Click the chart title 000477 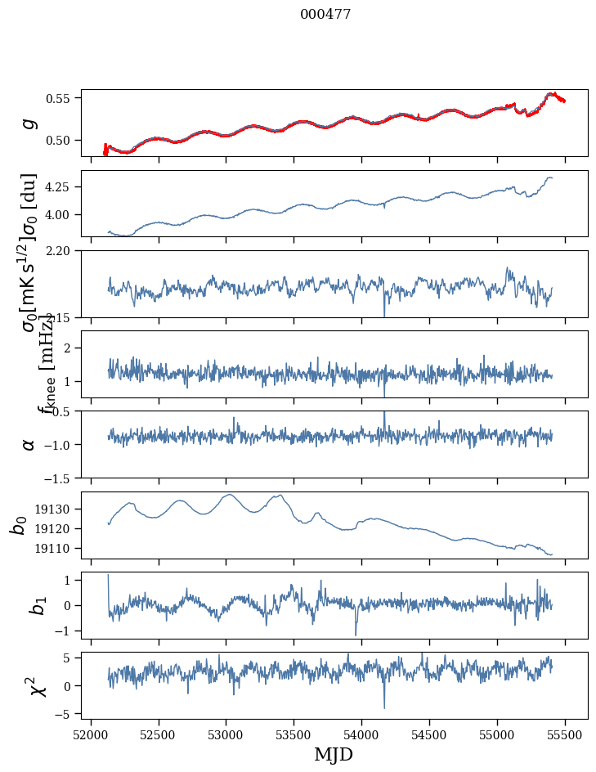pos(325,15)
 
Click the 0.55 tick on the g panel pos(62,98)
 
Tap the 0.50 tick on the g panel pos(62,140)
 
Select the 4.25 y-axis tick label pos(62,187)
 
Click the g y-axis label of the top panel pos(29,123)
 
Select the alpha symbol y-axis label pos(29,444)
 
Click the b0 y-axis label pos(20,525)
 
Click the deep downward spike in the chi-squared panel pos(384,707)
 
